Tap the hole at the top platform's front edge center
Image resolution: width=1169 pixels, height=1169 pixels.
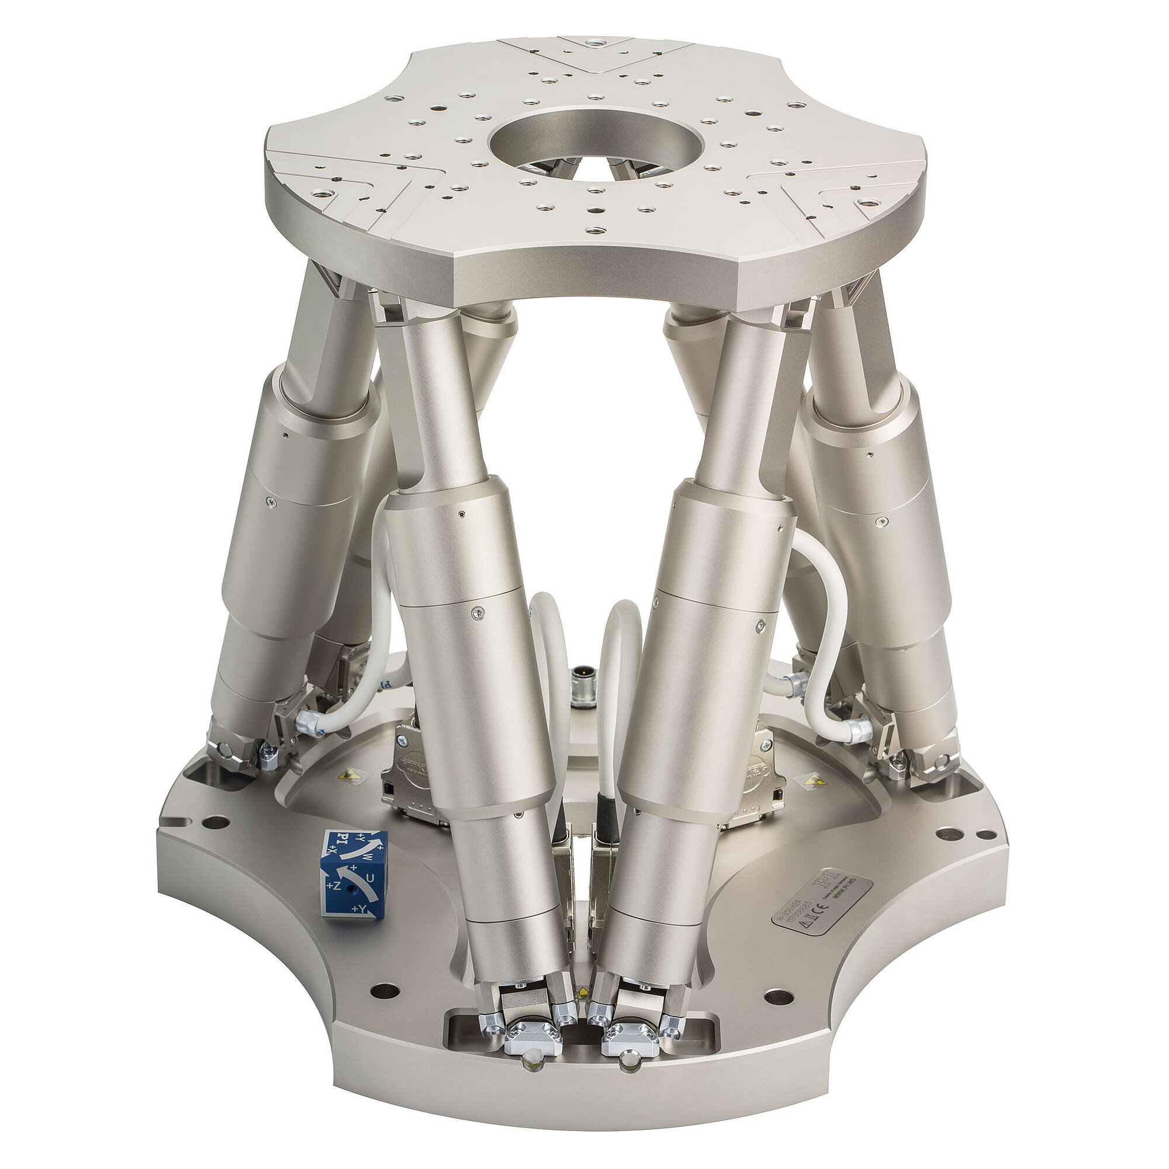pyautogui.click(x=596, y=230)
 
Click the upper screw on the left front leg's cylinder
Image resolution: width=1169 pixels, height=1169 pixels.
pyautogui.click(x=462, y=514)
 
